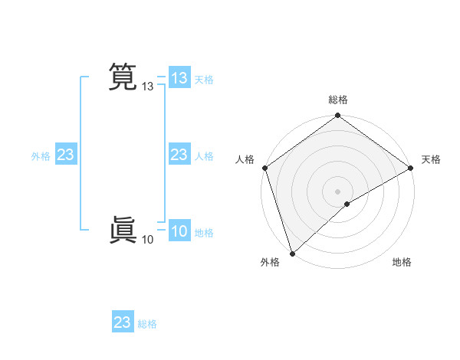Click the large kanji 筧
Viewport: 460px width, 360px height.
(122, 77)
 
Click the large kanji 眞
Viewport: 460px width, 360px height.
(122, 230)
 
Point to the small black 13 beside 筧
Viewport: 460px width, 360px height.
(148, 87)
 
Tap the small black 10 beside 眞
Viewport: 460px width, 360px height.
(147, 241)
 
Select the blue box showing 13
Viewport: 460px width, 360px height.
(179, 78)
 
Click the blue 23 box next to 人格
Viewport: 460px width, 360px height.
(179, 155)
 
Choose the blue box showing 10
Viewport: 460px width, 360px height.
(179, 232)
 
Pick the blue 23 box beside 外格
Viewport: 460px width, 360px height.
(66, 155)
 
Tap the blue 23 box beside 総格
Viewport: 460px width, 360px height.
(123, 322)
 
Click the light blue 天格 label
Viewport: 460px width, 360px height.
(204, 80)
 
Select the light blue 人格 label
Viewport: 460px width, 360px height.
(204, 156)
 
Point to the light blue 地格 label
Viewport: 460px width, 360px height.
(204, 233)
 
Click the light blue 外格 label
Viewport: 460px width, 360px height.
(41, 156)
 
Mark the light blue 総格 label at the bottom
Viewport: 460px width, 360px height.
(147, 324)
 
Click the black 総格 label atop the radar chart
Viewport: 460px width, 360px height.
(338, 100)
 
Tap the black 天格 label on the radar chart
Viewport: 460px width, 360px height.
(431, 159)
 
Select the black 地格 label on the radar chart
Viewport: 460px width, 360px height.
(402, 262)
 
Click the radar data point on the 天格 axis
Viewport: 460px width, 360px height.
(411, 168)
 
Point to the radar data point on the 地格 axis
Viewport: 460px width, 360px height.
(347, 204)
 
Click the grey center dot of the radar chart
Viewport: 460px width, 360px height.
(338, 191)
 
